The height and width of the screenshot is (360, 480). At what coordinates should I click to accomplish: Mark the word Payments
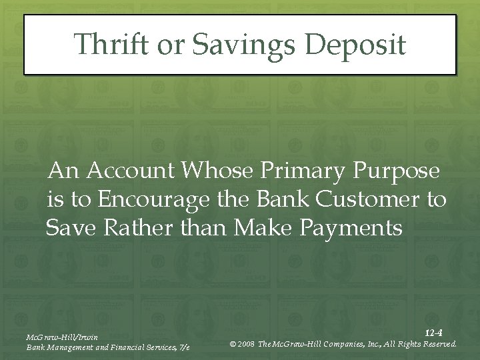tap(352, 229)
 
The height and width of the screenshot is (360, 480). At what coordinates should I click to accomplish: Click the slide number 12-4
tap(433, 332)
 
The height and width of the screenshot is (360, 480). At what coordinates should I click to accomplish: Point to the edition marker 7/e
tap(183, 347)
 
